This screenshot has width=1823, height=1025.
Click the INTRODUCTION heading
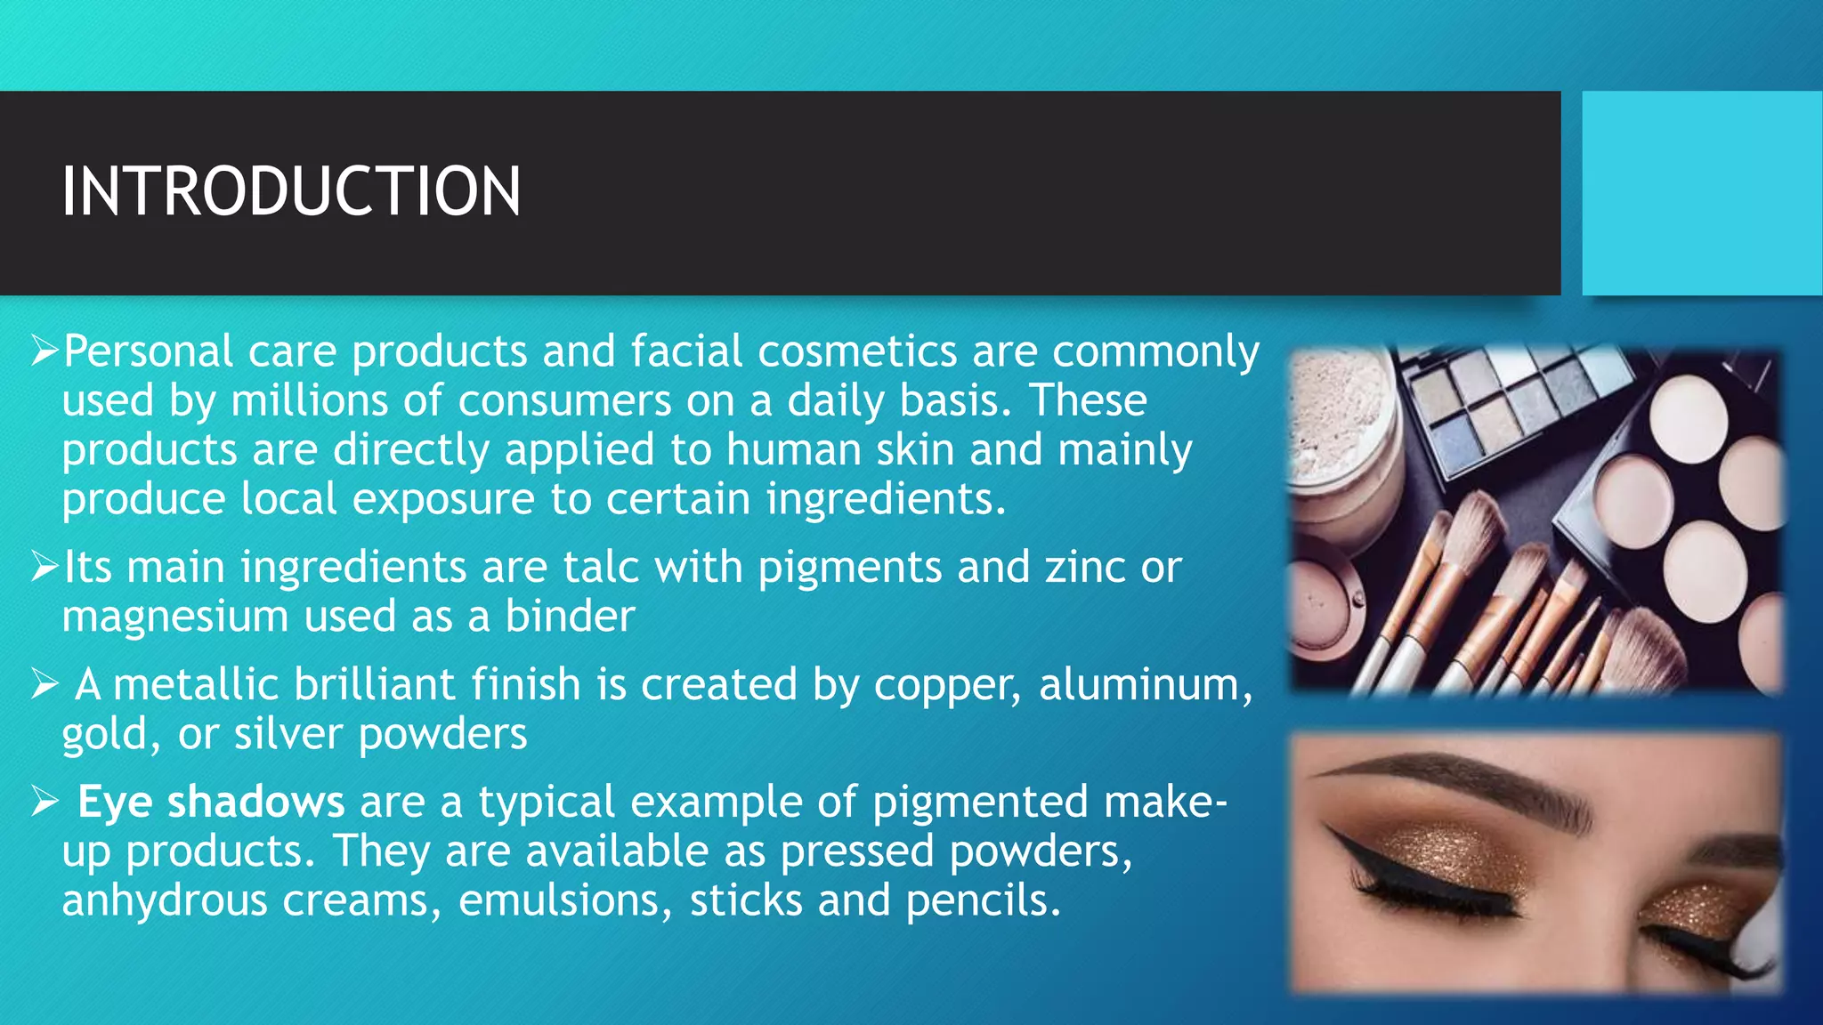(x=291, y=191)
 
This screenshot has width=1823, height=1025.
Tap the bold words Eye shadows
(x=211, y=802)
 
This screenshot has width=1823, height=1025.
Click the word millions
(x=309, y=401)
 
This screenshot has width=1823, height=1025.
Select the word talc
(x=601, y=568)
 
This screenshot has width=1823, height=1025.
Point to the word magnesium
(x=175, y=617)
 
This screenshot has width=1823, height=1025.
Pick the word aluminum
(x=1145, y=684)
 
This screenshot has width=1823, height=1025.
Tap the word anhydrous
(x=165, y=901)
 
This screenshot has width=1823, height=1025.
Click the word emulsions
(x=565, y=900)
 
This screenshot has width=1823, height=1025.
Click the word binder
(x=571, y=617)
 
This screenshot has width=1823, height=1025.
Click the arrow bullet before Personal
(x=45, y=351)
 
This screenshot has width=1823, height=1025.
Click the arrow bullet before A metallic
(x=45, y=684)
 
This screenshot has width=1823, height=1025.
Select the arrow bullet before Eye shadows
(x=45, y=802)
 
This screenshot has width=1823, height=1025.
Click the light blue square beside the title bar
(x=1702, y=193)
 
